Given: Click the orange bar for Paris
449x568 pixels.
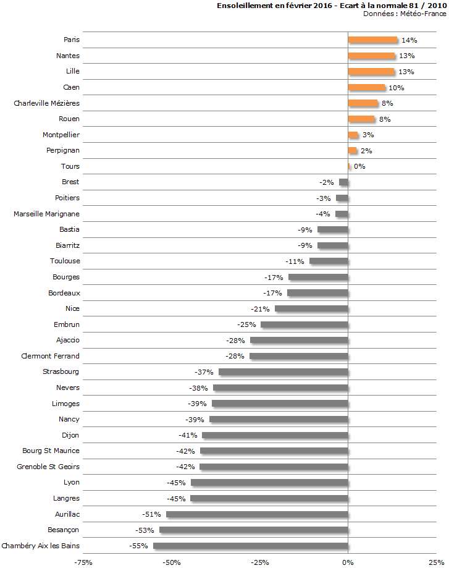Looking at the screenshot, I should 372,40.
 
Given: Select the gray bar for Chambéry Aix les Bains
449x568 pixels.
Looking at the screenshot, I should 251,546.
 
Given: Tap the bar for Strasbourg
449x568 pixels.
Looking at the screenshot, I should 283,372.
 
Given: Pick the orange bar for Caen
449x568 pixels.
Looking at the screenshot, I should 366,88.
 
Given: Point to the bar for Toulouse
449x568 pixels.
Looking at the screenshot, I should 329,261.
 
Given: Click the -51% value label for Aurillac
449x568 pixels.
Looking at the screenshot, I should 151,514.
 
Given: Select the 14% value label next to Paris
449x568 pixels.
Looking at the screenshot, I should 409,40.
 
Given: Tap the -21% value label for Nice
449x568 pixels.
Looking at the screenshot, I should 260,309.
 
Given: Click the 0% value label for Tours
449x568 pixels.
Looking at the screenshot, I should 359,167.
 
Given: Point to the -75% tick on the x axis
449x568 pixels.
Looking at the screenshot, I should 83,562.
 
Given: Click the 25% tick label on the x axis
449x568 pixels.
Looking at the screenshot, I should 436,562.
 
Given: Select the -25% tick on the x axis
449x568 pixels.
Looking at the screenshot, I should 259,562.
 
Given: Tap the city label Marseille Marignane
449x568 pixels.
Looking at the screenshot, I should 47,214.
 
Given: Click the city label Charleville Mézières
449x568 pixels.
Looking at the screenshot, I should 47,103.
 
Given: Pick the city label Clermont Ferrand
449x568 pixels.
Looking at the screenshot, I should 50,356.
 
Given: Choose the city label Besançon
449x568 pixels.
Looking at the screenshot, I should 63,530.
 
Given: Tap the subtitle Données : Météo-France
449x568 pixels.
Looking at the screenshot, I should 405,13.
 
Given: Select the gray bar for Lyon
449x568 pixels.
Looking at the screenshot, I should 269,483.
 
